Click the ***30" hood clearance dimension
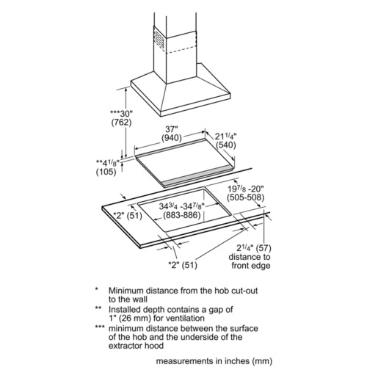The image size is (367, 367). pyautogui.click(x=121, y=113)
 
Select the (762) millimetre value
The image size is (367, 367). pyautogui.click(x=121, y=122)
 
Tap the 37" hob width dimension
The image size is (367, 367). pyautogui.click(x=171, y=129)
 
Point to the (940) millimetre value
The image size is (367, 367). pyautogui.click(x=172, y=138)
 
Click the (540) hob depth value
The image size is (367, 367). pyautogui.click(x=226, y=145)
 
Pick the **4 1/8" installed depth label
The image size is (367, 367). pyautogui.click(x=108, y=163)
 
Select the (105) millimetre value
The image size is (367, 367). pyautogui.click(x=106, y=172)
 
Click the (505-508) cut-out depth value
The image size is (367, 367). pyautogui.click(x=246, y=197)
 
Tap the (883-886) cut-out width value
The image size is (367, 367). pyautogui.click(x=182, y=215)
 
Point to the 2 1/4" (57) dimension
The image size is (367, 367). pyautogui.click(x=254, y=248)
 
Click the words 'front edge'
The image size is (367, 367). pyautogui.click(x=251, y=266)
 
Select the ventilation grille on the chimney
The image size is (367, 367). pyautogui.click(x=159, y=38)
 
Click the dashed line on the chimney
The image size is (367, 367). pyautogui.click(x=181, y=50)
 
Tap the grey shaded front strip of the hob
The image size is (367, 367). pyautogui.click(x=197, y=175)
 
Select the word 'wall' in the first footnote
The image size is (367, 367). pyautogui.click(x=139, y=299)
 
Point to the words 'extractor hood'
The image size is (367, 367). pyautogui.click(x=136, y=346)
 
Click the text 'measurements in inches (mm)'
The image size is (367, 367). pyautogui.click(x=214, y=361)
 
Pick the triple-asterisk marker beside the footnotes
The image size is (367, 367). pyautogui.click(x=100, y=327)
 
